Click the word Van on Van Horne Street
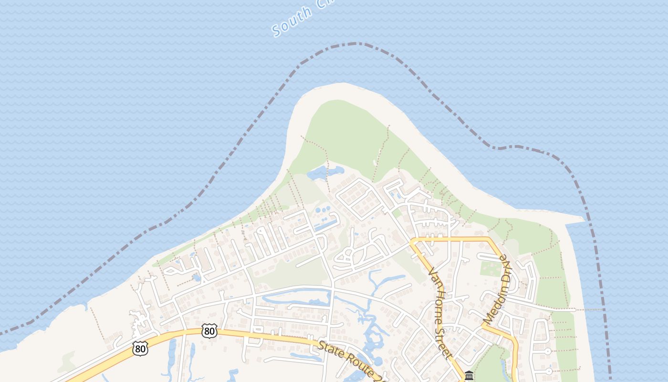pos(433,277)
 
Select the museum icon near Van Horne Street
pos(469,375)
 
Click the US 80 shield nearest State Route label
pos(209,330)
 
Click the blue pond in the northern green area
pos(325,172)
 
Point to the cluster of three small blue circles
pos(322,210)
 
